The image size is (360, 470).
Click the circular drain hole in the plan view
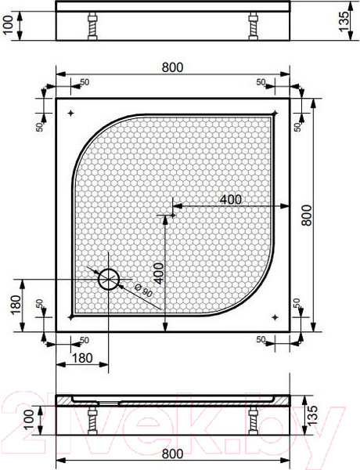pyautogui.click(x=108, y=278)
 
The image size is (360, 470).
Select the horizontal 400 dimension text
pyautogui.click(x=230, y=199)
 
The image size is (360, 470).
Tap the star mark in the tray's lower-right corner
pyautogui.click(x=275, y=316)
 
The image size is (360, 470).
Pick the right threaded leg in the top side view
pyautogui.click(x=254, y=27)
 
